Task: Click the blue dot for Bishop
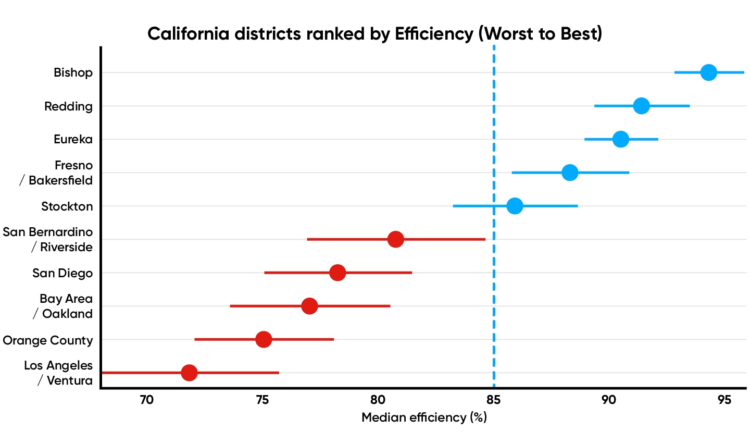pyautogui.click(x=708, y=72)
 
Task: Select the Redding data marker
pyautogui.click(x=641, y=106)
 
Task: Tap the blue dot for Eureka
pyautogui.click(x=620, y=139)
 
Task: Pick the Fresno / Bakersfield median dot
pyautogui.click(x=570, y=173)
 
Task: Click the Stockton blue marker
pyautogui.click(x=515, y=206)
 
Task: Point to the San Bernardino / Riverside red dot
pyautogui.click(x=396, y=239)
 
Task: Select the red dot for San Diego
pyautogui.click(x=337, y=273)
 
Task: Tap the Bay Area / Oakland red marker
pyautogui.click(x=309, y=306)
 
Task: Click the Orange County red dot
pyautogui.click(x=264, y=339)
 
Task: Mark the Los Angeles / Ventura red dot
pyautogui.click(x=189, y=373)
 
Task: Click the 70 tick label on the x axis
pyautogui.click(x=147, y=400)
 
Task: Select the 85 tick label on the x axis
pyautogui.click(x=493, y=400)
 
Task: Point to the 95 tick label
pyautogui.click(x=724, y=400)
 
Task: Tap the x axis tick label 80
pyautogui.click(x=378, y=400)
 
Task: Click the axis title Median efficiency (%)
pyautogui.click(x=424, y=417)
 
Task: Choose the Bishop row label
pyautogui.click(x=73, y=72)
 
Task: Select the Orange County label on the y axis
pyautogui.click(x=48, y=340)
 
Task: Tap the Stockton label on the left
pyautogui.click(x=67, y=206)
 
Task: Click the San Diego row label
pyautogui.click(x=63, y=273)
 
